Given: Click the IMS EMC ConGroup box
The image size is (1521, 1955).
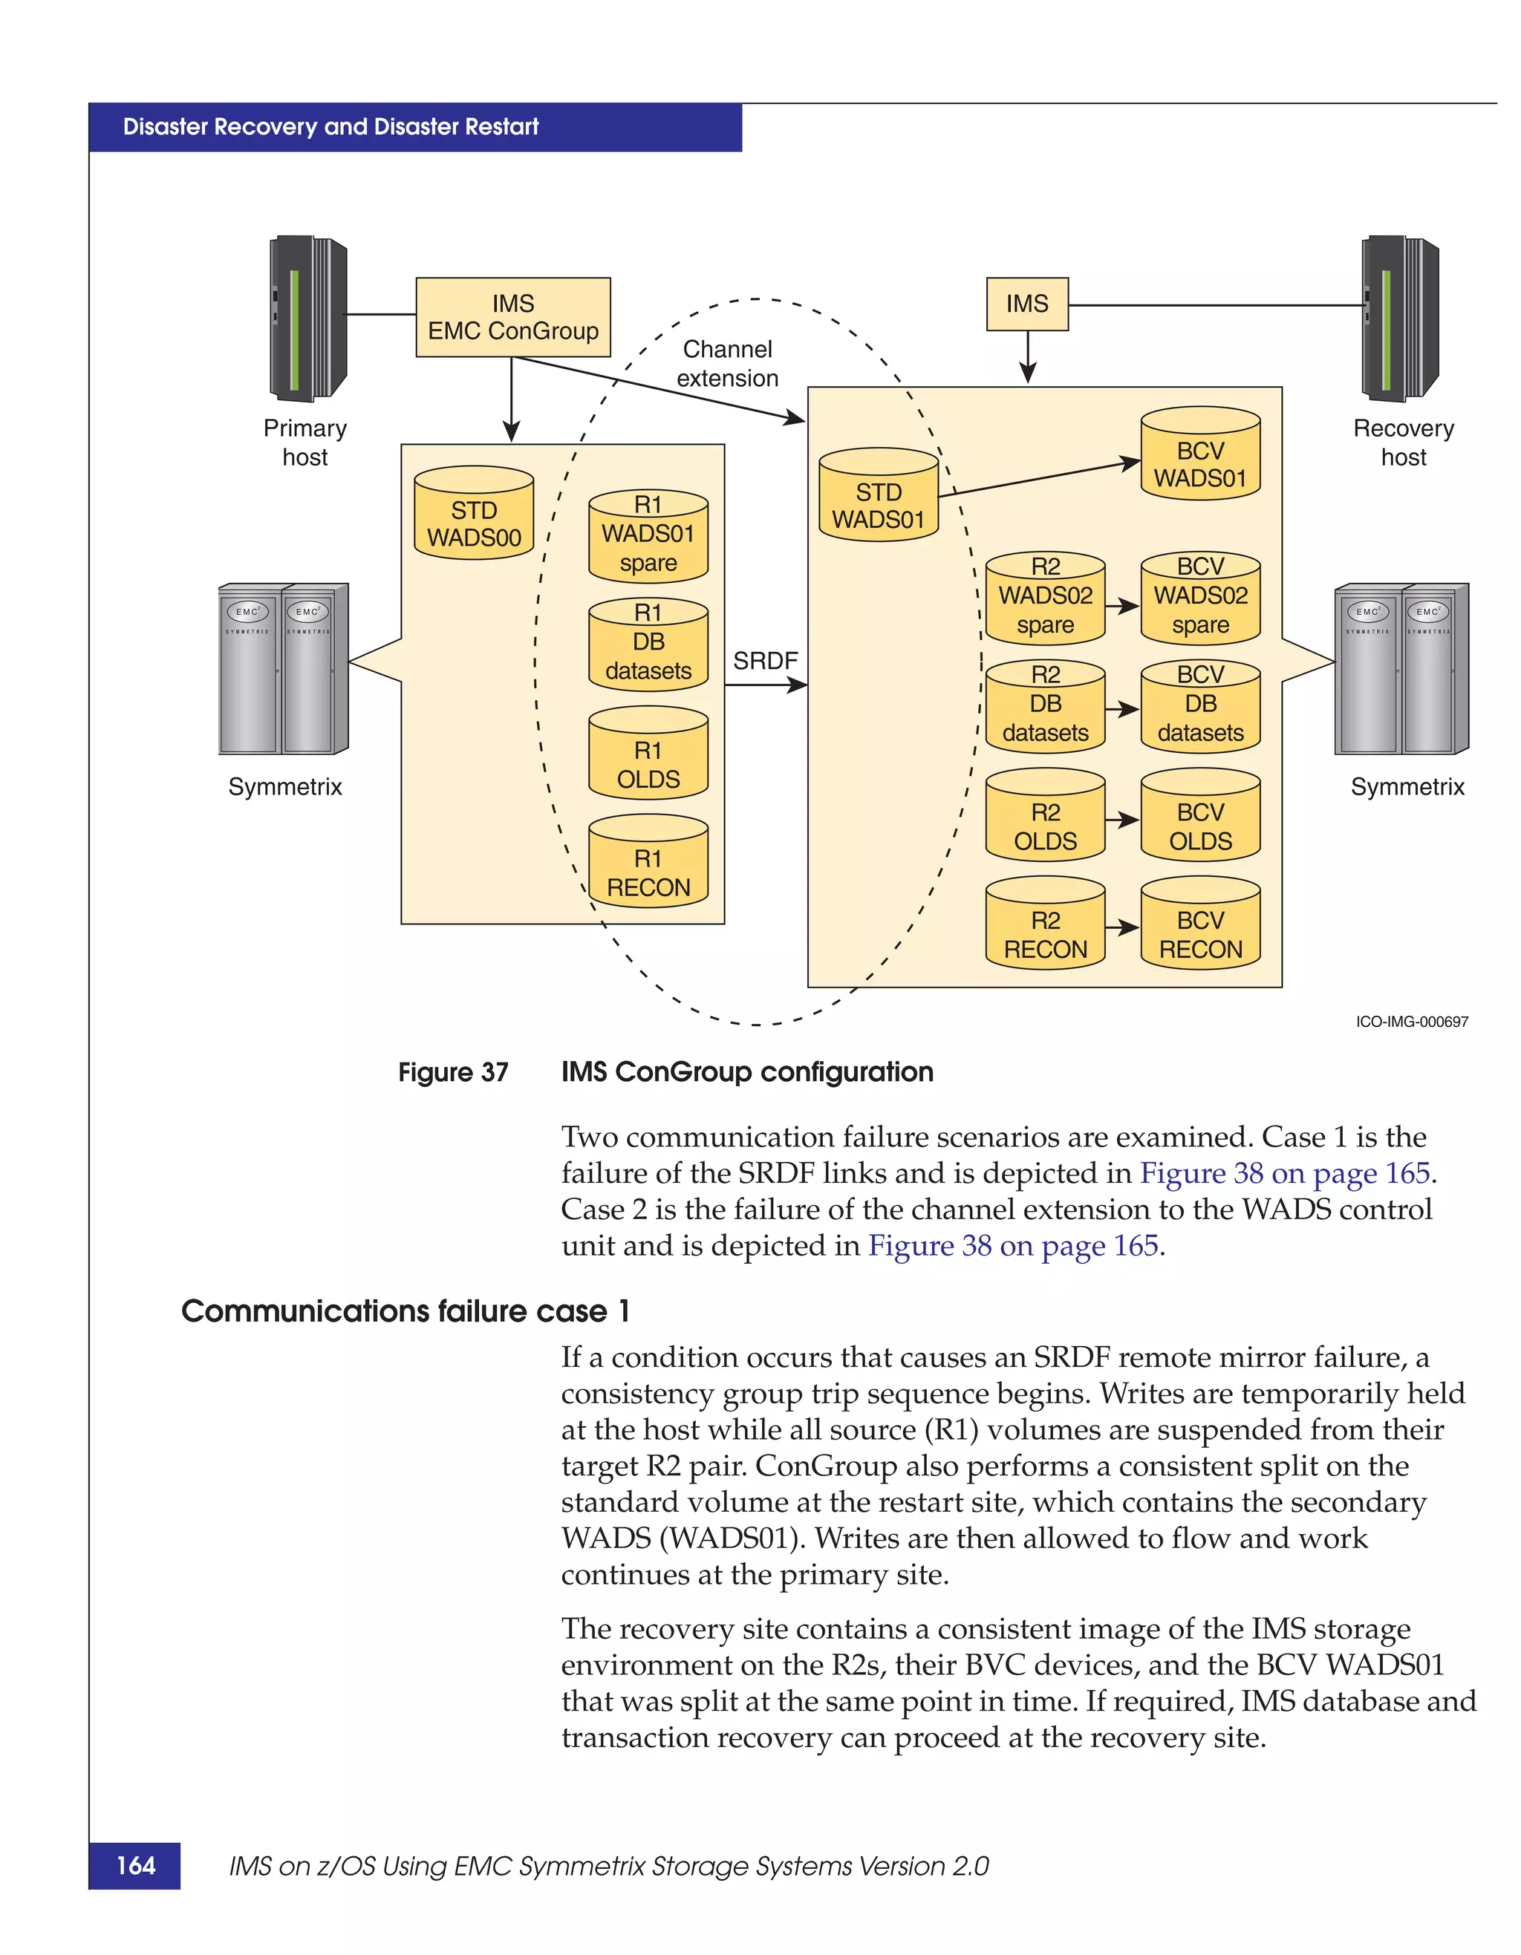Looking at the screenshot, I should tap(513, 317).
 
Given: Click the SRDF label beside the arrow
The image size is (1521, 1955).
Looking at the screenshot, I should tap(764, 661).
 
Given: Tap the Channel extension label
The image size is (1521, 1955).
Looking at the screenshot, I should tap(727, 363).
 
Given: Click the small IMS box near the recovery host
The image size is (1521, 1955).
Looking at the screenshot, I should tap(1027, 304).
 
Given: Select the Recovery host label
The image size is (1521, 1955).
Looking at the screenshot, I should tap(1403, 443).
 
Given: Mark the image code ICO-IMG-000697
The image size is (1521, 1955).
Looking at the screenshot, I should tap(1411, 1022).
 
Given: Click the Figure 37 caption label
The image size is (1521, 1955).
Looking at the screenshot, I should tap(453, 1072).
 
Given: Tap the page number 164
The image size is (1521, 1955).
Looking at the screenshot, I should tap(135, 1864).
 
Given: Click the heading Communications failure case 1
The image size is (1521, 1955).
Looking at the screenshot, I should tap(406, 1311).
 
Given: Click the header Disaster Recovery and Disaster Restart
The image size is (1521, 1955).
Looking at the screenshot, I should tap(330, 127).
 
